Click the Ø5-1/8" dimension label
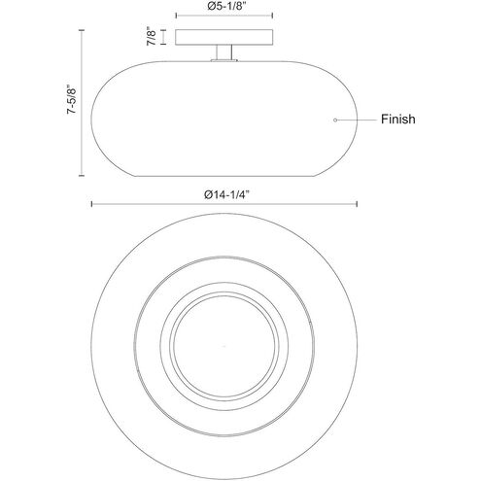click(x=224, y=7)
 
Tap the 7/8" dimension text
click(x=152, y=36)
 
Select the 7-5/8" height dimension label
click(x=71, y=99)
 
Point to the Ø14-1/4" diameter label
click(x=226, y=194)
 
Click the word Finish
click(x=397, y=120)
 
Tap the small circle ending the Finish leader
click(x=335, y=120)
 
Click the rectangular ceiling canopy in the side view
click(x=223, y=37)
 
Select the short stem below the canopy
click(x=224, y=52)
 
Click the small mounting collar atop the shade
click(x=224, y=60)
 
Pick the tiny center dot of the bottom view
click(x=223, y=347)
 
